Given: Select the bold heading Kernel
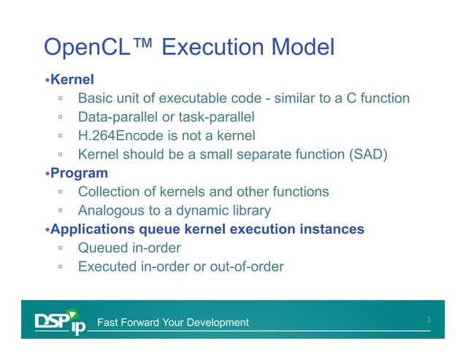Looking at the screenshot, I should [72, 79].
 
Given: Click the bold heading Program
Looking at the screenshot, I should [79, 174].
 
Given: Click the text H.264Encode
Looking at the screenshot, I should [121, 136].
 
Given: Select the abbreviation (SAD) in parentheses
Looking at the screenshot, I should [365, 155].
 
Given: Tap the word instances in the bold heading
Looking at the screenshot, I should [332, 230].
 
